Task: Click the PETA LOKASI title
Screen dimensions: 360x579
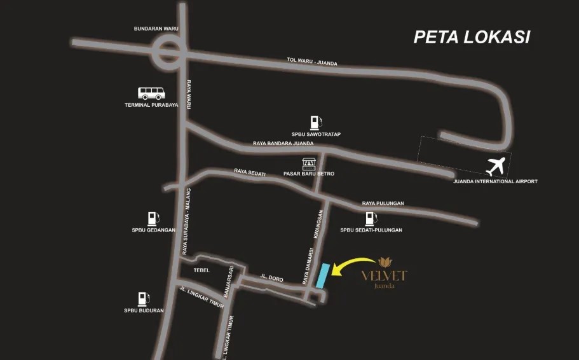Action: pyautogui.click(x=472, y=37)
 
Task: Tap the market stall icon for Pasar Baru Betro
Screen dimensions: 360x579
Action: pyautogui.click(x=309, y=164)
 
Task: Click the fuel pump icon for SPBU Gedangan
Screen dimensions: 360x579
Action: pyautogui.click(x=152, y=218)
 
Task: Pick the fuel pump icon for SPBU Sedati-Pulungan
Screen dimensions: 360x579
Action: pyautogui.click(x=370, y=219)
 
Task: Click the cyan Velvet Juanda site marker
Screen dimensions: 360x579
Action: pyautogui.click(x=323, y=276)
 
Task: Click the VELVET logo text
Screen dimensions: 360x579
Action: pyautogui.click(x=384, y=275)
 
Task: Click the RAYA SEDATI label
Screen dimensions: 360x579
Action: pyautogui.click(x=250, y=172)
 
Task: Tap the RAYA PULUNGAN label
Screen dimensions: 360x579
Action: pyautogui.click(x=383, y=204)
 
